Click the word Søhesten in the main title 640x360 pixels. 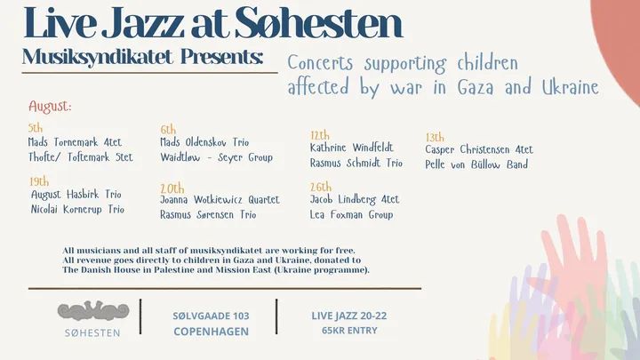(319, 23)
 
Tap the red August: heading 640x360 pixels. (50, 107)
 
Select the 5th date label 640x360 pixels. (36, 128)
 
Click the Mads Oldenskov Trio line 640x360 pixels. (204, 142)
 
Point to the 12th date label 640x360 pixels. (320, 135)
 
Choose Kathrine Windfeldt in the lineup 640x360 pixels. (352, 148)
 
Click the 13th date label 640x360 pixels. (435, 137)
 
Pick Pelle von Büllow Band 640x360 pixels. (476, 164)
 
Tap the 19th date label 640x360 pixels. (39, 181)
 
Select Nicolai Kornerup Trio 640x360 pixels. (77, 210)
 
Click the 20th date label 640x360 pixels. (172, 188)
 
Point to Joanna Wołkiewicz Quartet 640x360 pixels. (220, 200)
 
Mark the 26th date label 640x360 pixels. (321, 187)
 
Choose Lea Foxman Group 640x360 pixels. (351, 215)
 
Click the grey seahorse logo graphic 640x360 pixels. (93, 310)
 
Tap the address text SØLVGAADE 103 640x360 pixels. (211, 316)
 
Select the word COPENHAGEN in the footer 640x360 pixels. (211, 332)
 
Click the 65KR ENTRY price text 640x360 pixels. (349, 331)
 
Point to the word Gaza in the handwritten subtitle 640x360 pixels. (475, 88)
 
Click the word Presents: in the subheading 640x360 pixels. (221, 57)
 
